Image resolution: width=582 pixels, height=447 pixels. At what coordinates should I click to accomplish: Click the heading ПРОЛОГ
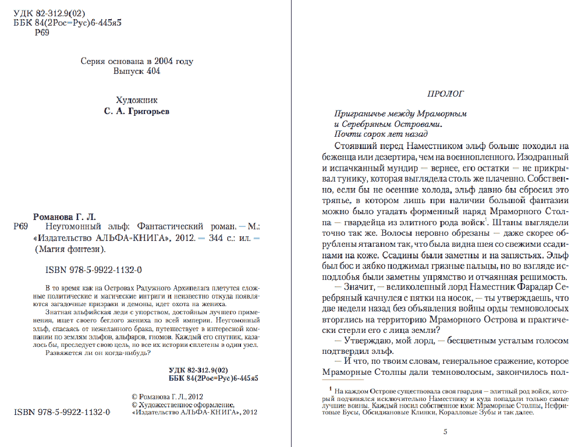(445, 93)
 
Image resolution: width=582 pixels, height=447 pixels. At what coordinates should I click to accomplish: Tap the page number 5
(445, 432)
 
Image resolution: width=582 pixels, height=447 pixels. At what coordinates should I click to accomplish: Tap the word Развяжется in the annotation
(65, 354)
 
